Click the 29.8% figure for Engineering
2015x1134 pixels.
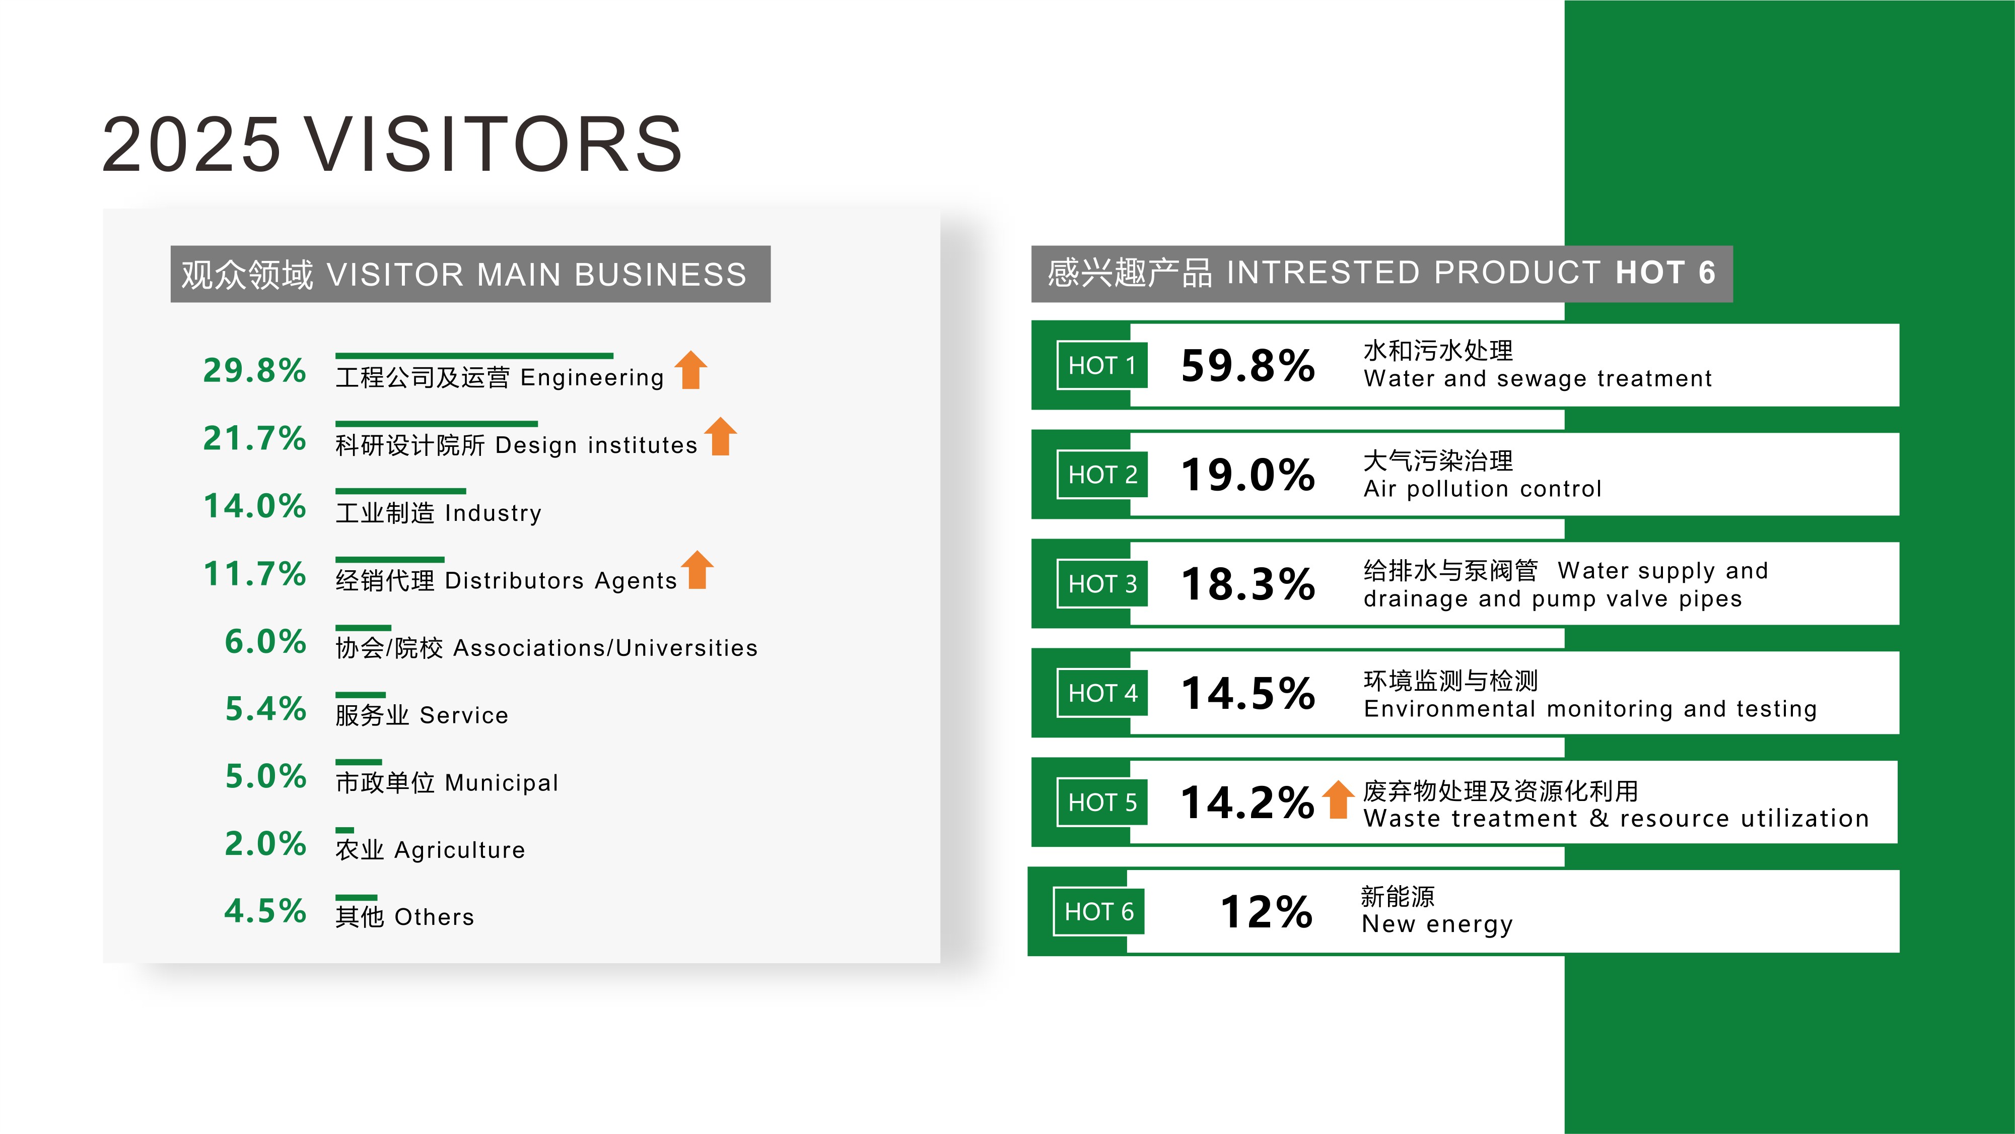coord(254,371)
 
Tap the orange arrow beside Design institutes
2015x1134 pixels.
coord(720,437)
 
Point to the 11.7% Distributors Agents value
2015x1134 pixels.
coord(254,574)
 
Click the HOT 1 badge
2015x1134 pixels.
coord(1101,365)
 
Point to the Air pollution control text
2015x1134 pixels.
coord(1482,489)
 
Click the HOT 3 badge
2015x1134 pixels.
coord(1101,584)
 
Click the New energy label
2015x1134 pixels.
coord(1437,924)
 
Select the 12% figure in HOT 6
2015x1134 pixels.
coord(1266,912)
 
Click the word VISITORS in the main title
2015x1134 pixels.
coord(494,145)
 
